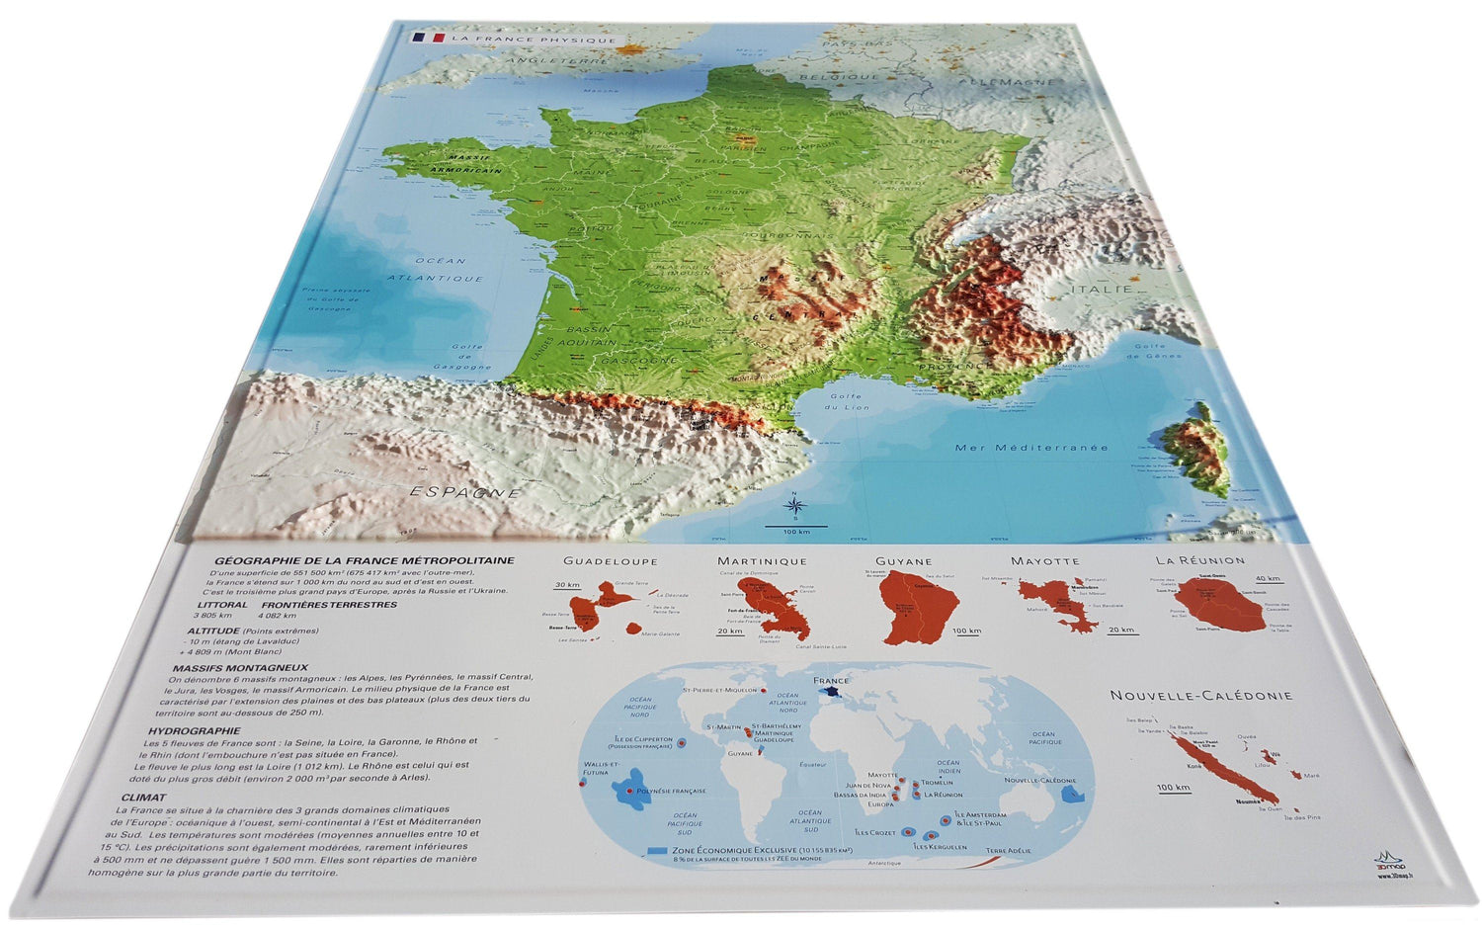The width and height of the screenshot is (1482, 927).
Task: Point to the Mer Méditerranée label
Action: click(x=1031, y=448)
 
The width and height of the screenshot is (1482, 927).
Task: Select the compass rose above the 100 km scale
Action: click(x=794, y=507)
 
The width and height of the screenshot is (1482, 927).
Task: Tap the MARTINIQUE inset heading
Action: click(x=762, y=561)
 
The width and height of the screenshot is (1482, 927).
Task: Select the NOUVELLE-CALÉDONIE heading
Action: click(x=1200, y=696)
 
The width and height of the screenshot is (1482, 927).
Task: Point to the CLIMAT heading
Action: click(x=143, y=797)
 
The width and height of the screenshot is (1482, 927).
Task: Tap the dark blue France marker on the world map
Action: click(x=832, y=694)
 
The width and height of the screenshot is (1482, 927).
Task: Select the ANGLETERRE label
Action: click(x=543, y=60)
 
